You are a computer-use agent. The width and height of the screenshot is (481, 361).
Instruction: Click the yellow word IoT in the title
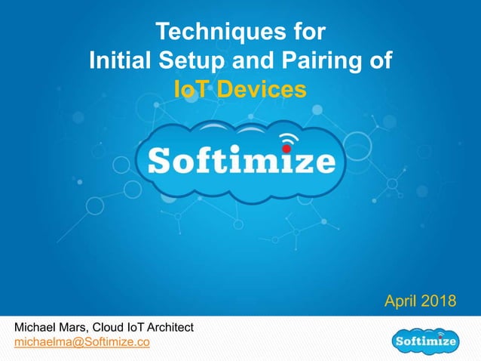pyautogui.click(x=191, y=90)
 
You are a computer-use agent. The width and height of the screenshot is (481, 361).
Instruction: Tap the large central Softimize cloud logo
pyautogui.click(x=240, y=162)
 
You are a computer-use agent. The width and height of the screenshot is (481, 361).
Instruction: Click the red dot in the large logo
pyautogui.click(x=286, y=149)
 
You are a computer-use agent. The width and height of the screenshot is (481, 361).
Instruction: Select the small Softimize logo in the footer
pyautogui.click(x=427, y=342)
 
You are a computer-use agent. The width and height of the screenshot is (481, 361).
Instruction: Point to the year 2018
pyautogui.click(x=439, y=302)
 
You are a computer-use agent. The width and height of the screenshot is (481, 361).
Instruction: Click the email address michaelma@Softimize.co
pyautogui.click(x=82, y=343)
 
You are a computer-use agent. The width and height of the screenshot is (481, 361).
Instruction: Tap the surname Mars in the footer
pyautogui.click(x=76, y=327)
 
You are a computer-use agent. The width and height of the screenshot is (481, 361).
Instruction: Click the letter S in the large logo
pyautogui.click(x=159, y=162)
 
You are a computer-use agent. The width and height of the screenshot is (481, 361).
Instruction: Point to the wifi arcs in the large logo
pyautogui.click(x=286, y=138)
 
